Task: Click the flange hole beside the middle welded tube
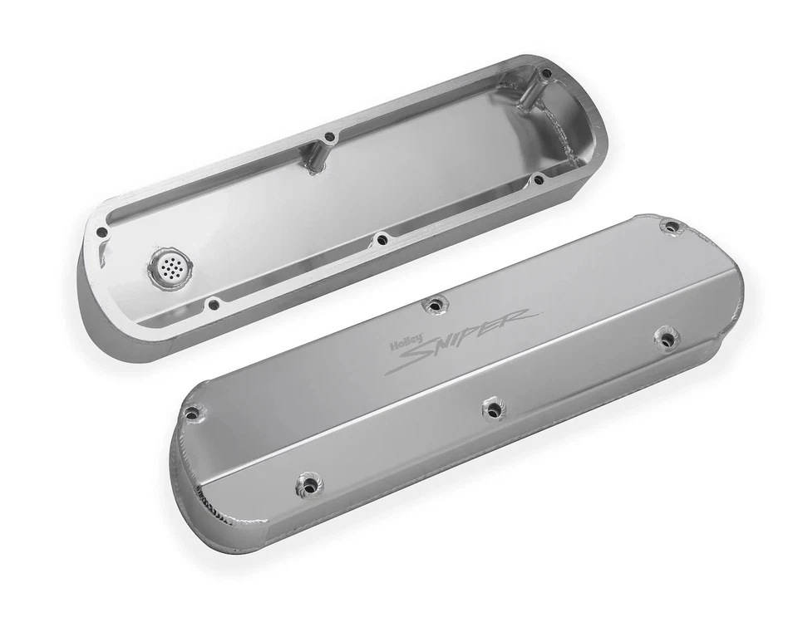point(330,136)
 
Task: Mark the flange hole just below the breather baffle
point(214,303)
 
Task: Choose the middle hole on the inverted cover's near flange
point(382,239)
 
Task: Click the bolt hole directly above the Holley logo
point(432,305)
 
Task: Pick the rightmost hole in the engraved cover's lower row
point(665,337)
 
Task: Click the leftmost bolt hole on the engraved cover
point(192,412)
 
